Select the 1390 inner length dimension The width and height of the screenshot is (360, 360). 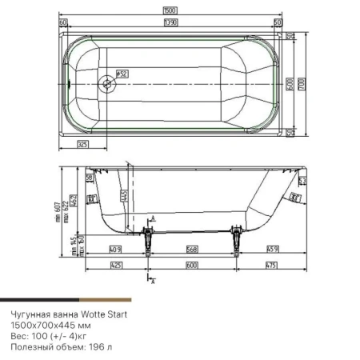click(x=170, y=22)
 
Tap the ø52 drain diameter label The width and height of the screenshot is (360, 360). click(x=122, y=74)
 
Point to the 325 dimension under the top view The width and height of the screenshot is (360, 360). click(x=82, y=144)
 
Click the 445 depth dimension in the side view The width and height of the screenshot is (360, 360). click(x=124, y=194)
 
